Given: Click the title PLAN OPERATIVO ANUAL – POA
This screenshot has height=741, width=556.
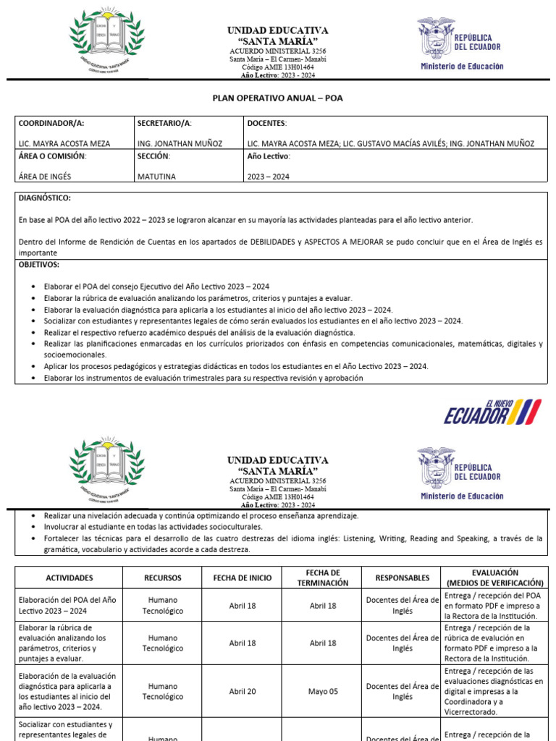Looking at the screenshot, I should [x=278, y=97].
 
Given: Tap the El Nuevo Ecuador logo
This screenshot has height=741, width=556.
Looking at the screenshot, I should [x=492, y=412].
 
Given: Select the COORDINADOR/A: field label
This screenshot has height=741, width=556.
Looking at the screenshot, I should [x=46, y=124].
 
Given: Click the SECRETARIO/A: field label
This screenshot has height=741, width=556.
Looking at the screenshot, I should [x=164, y=124].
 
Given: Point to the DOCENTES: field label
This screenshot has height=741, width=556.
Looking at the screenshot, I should [x=267, y=124].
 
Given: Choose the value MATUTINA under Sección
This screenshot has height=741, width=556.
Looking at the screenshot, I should [x=156, y=176].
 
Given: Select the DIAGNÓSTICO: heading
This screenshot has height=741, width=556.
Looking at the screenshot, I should [x=45, y=198].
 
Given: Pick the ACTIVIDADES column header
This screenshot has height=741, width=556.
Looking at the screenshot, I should [x=69, y=578].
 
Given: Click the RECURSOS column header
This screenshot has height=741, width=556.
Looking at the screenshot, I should [x=163, y=578].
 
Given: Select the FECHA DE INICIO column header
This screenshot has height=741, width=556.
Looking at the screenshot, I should [x=242, y=578].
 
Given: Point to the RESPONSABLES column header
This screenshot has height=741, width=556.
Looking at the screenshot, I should [x=403, y=578].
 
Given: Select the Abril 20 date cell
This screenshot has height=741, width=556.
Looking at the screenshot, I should [x=242, y=691].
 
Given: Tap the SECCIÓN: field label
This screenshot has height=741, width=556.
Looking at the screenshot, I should [x=153, y=156].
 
